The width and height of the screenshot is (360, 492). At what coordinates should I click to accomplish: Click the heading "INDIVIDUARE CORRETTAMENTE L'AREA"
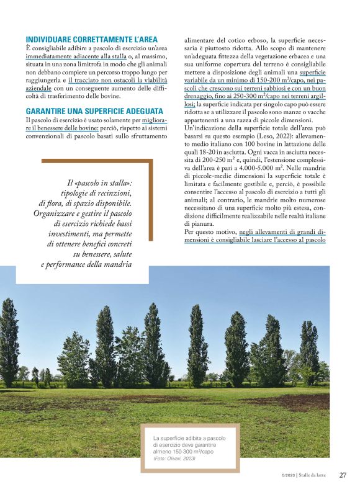[x=91, y=39]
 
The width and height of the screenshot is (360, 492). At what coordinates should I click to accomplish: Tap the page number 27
[x=342, y=475]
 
